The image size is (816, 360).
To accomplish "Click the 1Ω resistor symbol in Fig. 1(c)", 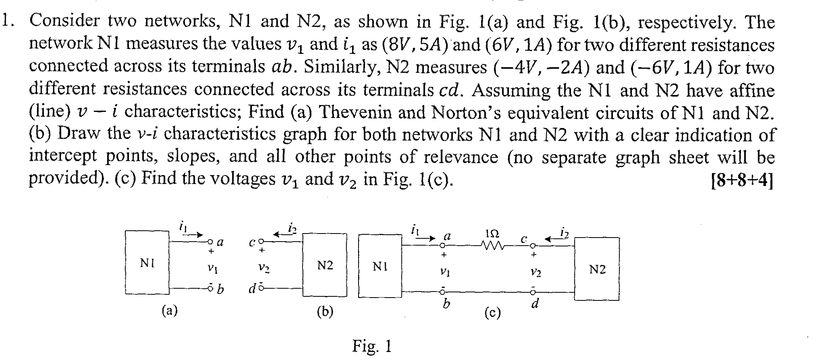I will coord(492,246).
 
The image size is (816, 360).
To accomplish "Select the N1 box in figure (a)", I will coord(147,263).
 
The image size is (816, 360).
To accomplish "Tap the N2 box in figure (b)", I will coord(325,265).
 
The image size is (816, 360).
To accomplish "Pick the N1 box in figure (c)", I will coord(380,266).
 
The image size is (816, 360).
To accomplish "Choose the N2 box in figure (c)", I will coord(597,269).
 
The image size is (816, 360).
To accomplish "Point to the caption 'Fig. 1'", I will coord(371,346).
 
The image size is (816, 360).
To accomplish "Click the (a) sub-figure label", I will coord(170,311).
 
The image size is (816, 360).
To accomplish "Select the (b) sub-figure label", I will coord(325,311).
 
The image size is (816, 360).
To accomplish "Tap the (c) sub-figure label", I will coord(492,313).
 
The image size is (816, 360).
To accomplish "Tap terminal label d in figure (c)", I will coord(535,304).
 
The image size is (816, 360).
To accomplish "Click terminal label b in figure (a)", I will coord(220,289).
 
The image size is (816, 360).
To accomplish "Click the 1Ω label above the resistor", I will coord(492,234).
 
